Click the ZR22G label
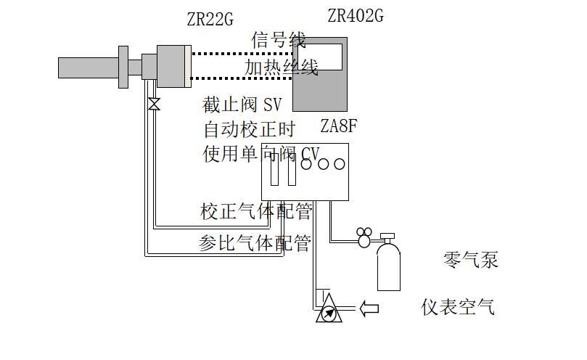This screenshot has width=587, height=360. tap(210, 20)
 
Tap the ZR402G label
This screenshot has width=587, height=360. tap(356, 15)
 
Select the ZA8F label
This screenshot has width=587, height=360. tap(339, 126)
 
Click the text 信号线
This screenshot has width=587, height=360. tap(279, 41)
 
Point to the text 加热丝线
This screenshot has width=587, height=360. tap(281, 67)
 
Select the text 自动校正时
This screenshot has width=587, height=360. tap(249, 131)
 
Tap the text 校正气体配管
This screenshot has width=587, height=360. tap(256, 212)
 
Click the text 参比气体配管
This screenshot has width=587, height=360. tap(255, 243)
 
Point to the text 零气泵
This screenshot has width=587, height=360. tap(471, 260)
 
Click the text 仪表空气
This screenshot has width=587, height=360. tap(459, 307)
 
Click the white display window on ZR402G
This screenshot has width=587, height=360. tap(324, 57)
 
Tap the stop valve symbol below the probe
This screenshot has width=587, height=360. tap(154, 104)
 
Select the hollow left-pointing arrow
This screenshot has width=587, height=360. tap(369, 308)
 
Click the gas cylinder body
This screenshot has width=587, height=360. tap(389, 269)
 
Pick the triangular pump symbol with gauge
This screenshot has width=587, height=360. tap(329, 310)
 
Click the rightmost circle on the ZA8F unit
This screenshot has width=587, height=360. tap(340, 164)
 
